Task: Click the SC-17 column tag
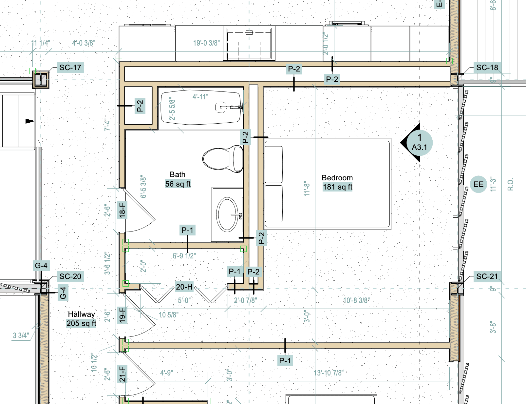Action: (70, 68)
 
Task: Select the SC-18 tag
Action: (487, 68)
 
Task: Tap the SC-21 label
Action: (487, 276)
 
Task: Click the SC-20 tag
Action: (70, 276)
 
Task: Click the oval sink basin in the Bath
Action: (228, 215)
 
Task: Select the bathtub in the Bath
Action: (200, 108)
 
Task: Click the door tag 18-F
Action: (122, 210)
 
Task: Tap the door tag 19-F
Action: (122, 315)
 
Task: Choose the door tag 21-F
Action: (122, 374)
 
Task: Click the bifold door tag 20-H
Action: (184, 287)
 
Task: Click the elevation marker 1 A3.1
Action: (419, 143)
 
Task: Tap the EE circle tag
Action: (478, 184)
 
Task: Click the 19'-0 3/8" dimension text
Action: (206, 43)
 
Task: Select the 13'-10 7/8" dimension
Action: (329, 373)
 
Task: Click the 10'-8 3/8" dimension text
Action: (356, 300)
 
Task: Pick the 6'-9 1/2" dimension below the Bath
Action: (184, 256)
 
